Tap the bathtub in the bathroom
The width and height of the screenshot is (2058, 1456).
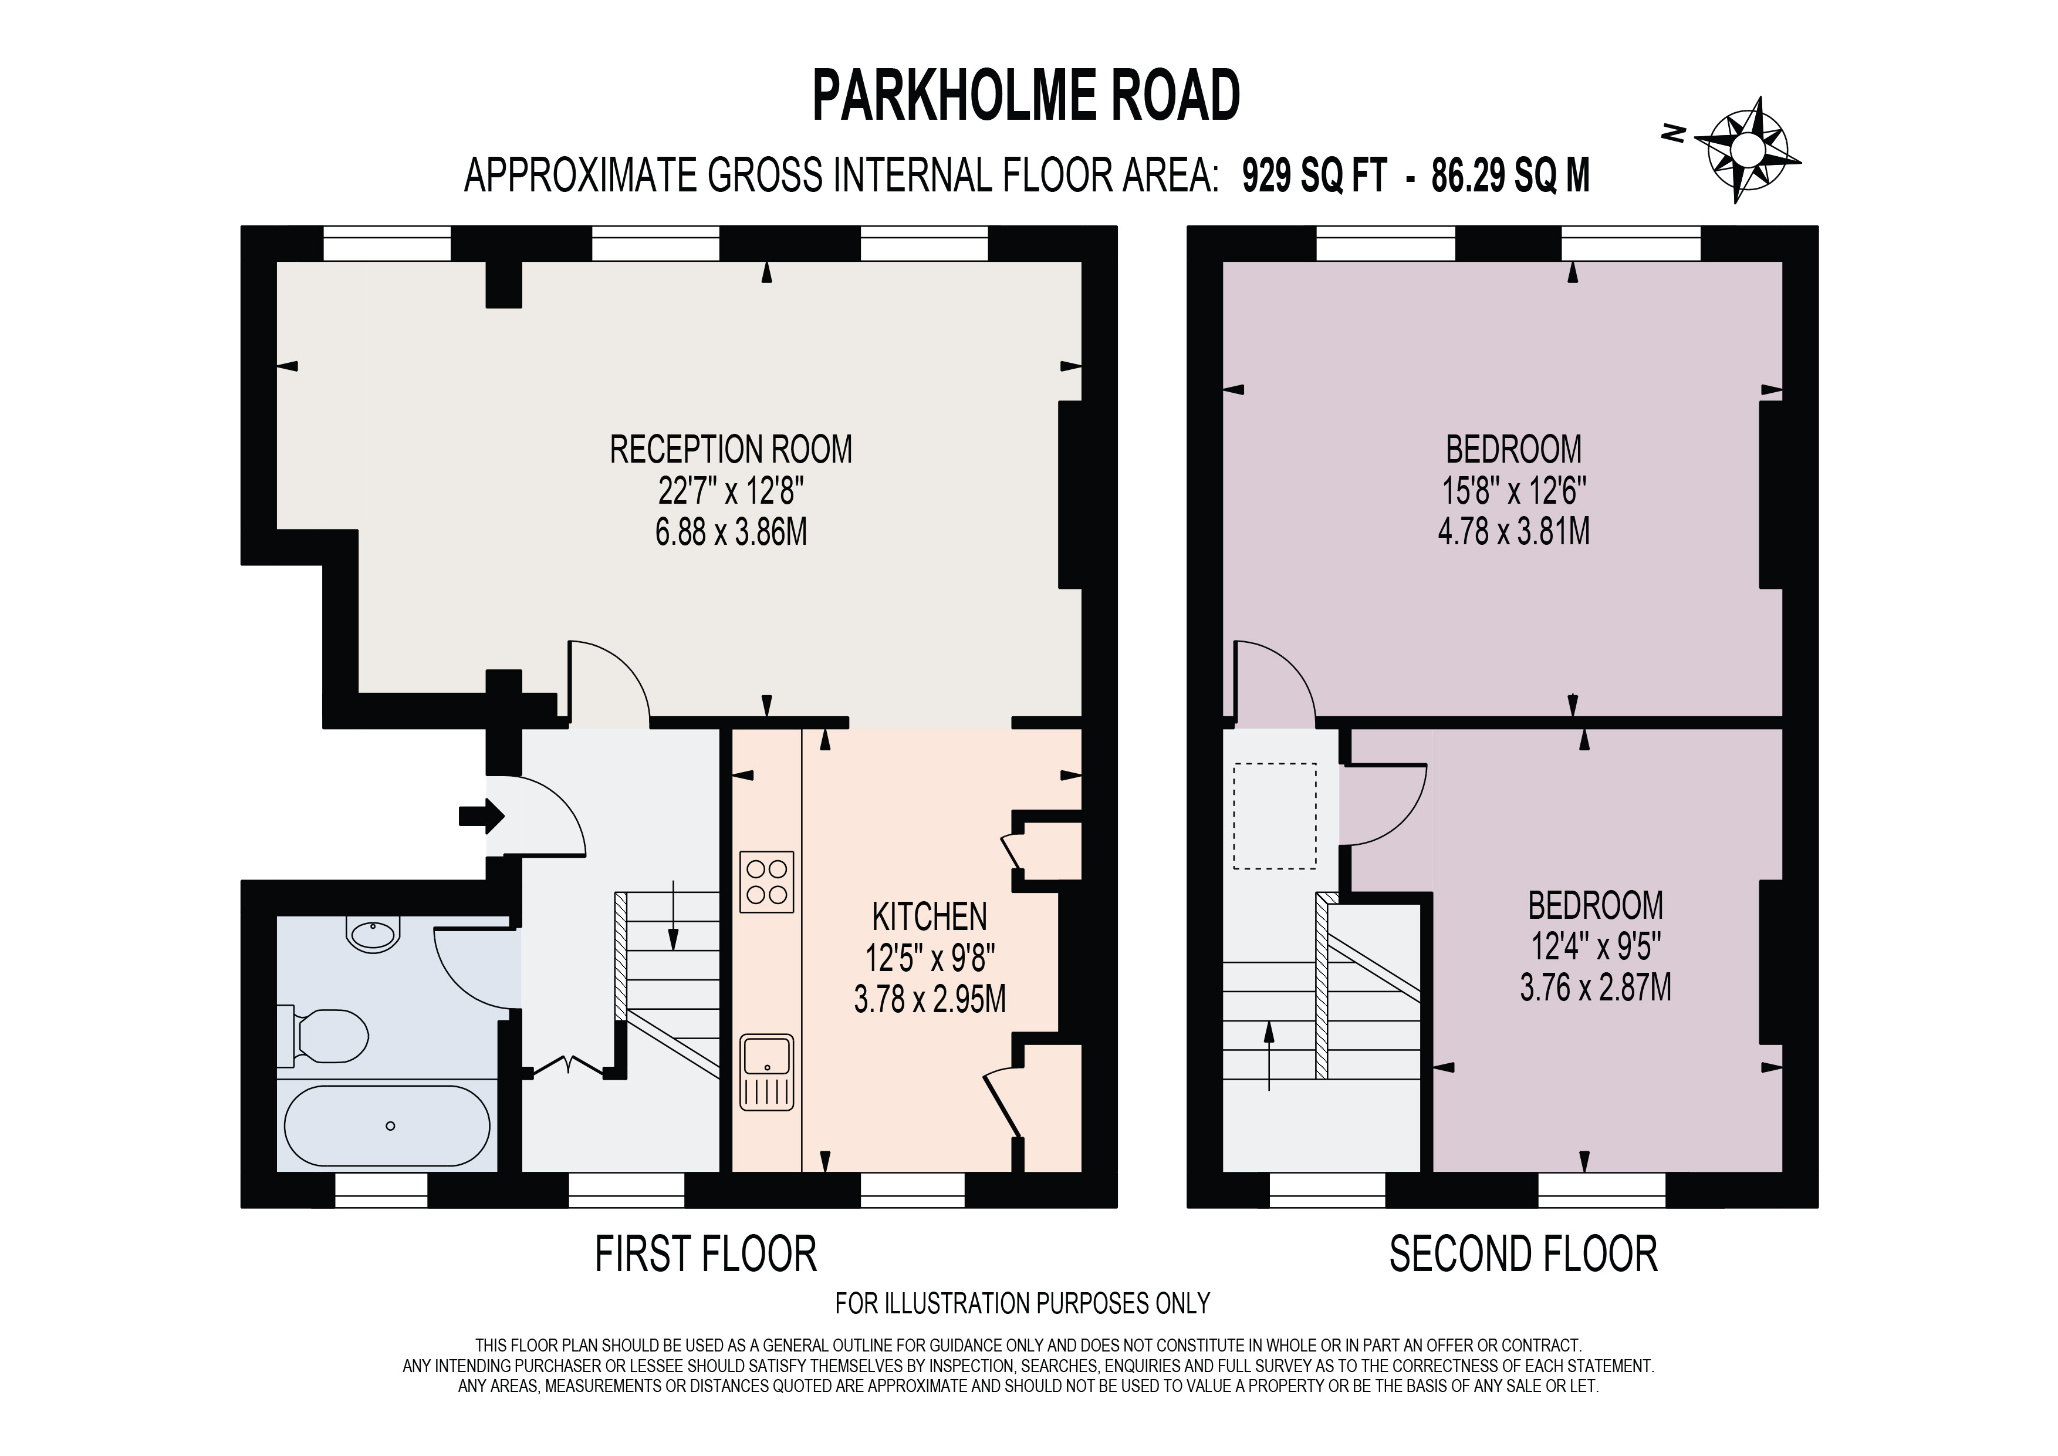(387, 1125)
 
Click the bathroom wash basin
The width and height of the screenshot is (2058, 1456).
(373, 935)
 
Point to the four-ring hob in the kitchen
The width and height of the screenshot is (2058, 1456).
(767, 881)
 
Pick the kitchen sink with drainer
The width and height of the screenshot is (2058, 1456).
(767, 1072)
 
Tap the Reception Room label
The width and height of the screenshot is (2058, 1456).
(731, 449)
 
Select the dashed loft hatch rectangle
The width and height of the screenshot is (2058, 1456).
(1275, 816)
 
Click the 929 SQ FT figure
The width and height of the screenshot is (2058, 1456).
(1314, 176)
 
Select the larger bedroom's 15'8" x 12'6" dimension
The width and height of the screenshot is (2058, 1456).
(1514, 491)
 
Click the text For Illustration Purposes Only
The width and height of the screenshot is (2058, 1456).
(1022, 1303)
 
